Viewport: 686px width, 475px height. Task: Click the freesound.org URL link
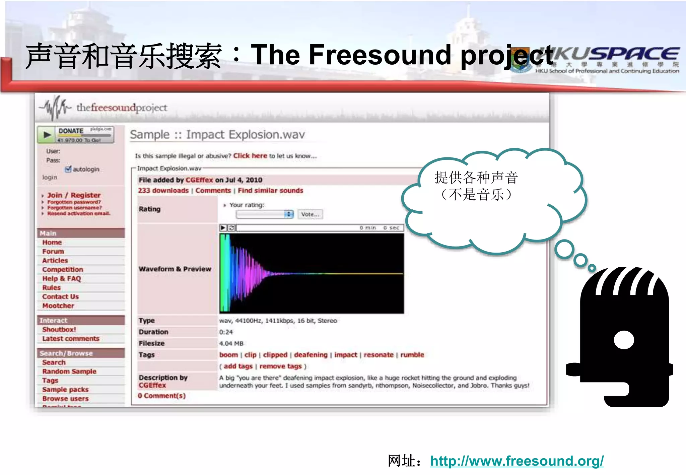tap(517, 461)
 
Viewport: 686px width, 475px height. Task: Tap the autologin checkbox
tap(68, 169)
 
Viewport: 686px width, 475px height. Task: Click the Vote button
tap(310, 214)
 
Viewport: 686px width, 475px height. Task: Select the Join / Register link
tap(74, 195)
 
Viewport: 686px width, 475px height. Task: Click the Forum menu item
tap(53, 251)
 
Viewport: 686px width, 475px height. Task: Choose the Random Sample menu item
tap(69, 371)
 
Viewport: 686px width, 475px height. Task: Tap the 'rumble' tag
tap(412, 355)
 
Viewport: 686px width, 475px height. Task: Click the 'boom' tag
tap(228, 355)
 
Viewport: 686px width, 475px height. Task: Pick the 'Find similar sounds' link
tap(270, 190)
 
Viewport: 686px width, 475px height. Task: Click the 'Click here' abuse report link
tap(250, 156)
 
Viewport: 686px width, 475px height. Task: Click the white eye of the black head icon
tap(624, 340)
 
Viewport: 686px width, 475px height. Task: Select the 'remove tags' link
tap(280, 366)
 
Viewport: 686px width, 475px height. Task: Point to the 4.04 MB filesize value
tap(231, 343)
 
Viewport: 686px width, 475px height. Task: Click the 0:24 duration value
tap(226, 332)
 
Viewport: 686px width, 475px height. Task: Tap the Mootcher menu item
tap(58, 306)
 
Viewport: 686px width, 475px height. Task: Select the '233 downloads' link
tap(163, 190)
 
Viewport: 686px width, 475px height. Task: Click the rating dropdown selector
tap(265, 214)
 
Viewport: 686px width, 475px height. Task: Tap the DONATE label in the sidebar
tap(71, 131)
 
